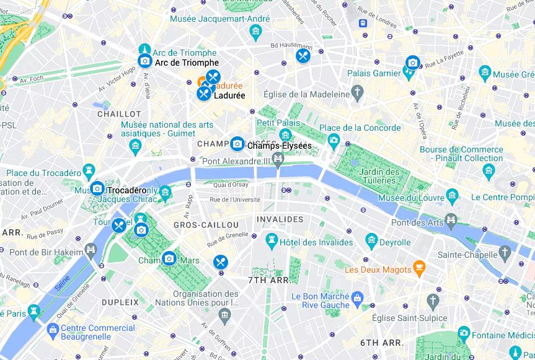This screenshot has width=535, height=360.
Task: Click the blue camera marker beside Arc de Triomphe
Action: (x=144, y=61)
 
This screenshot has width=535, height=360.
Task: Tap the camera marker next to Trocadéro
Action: (x=97, y=188)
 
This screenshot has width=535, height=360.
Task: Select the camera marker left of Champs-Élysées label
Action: (x=237, y=144)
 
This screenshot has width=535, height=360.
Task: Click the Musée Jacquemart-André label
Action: (x=219, y=19)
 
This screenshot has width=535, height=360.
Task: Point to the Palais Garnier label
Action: (x=374, y=73)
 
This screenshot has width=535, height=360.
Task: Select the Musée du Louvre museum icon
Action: (x=453, y=198)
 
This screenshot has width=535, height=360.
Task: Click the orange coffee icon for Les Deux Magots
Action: (x=420, y=269)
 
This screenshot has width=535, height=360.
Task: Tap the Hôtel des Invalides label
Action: (x=316, y=242)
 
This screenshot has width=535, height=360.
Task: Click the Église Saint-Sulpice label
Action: (x=409, y=318)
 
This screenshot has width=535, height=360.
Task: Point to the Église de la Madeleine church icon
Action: (x=357, y=94)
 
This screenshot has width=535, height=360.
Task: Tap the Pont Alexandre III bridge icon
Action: (x=278, y=160)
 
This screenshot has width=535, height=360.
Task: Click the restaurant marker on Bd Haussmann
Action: (x=303, y=56)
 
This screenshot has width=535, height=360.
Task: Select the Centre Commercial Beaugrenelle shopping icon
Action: (x=53, y=328)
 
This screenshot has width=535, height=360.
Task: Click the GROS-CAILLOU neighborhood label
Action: (x=206, y=225)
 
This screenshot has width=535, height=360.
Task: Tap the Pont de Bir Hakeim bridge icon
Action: (x=91, y=250)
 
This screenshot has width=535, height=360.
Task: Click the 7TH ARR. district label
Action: (x=269, y=280)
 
